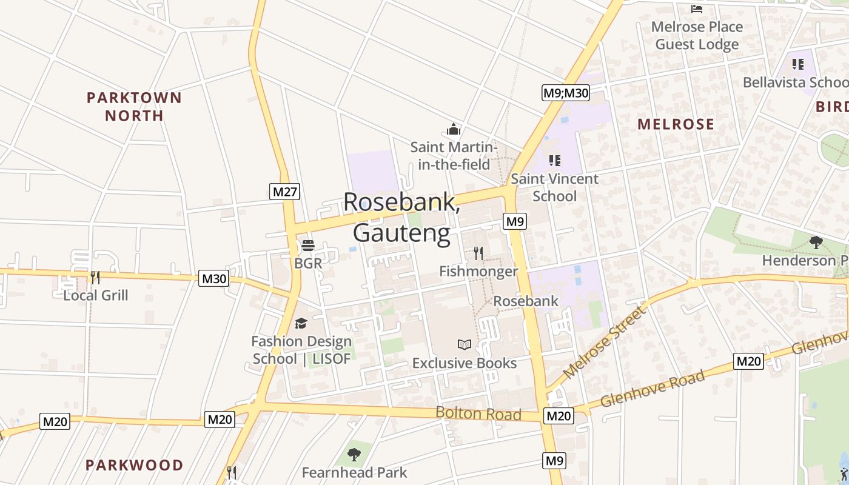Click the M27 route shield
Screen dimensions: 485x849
tap(285, 192)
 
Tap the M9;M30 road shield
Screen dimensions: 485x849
tap(565, 93)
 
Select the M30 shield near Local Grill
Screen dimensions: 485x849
tap(213, 279)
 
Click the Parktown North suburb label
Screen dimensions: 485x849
tap(134, 106)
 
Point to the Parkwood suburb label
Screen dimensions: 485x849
tap(134, 465)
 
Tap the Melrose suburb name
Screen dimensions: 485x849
tap(676, 124)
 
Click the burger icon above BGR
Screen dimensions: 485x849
tap(308, 246)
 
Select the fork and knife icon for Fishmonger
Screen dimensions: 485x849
tap(478, 253)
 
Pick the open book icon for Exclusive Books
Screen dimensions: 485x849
tap(465, 345)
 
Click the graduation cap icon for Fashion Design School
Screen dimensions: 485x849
tap(301, 323)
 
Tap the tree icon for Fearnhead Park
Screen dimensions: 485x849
tap(354, 454)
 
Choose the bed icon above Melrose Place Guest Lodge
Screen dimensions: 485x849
tap(697, 8)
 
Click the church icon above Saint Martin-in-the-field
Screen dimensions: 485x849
tap(454, 129)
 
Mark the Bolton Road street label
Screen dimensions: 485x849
tap(478, 413)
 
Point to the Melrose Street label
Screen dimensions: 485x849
tap(605, 343)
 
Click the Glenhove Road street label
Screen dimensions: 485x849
tap(653, 389)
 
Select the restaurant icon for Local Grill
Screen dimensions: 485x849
tap(95, 278)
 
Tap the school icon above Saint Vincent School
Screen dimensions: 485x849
tap(554, 161)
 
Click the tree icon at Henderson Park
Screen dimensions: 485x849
tap(816, 242)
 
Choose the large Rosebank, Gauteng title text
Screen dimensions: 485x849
tap(401, 218)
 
